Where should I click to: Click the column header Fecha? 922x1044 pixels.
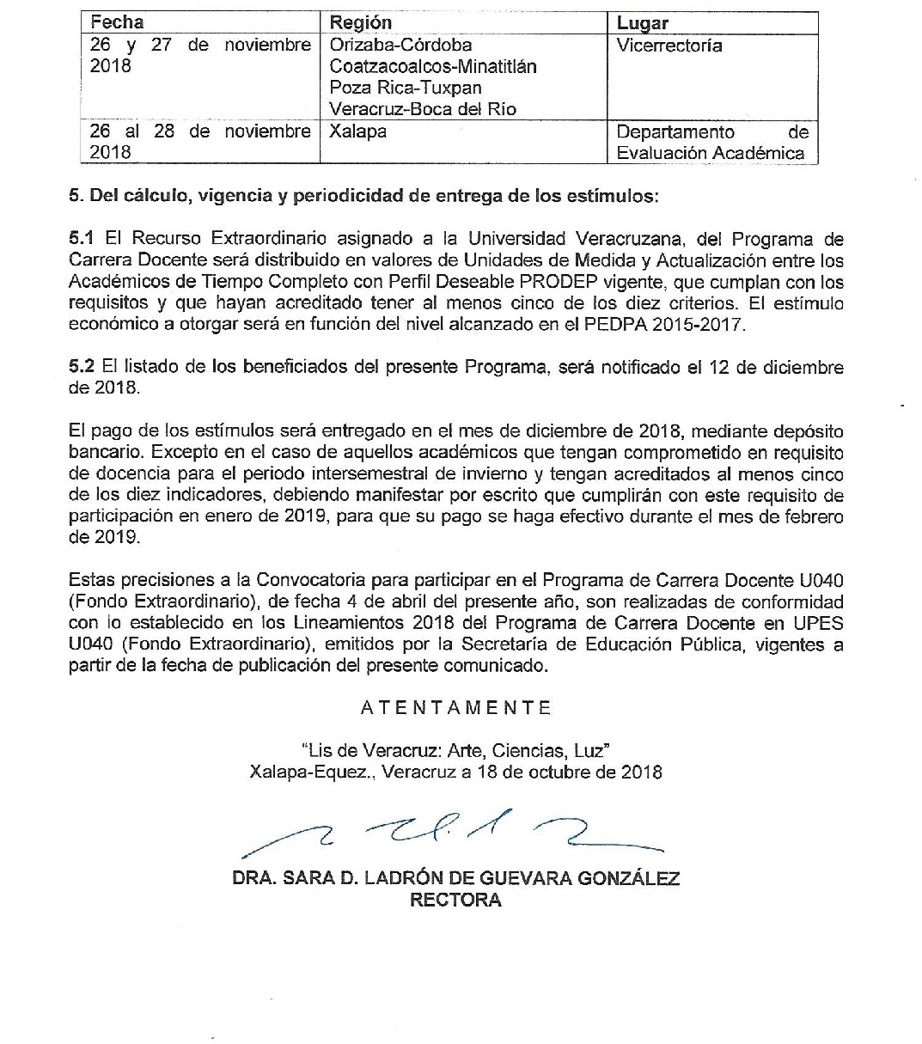tap(117, 22)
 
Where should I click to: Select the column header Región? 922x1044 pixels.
tap(360, 22)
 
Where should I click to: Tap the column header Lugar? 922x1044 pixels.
tap(642, 23)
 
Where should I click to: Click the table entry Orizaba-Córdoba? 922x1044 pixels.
tap(400, 45)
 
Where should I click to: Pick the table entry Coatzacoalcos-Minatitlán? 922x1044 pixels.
tap(433, 66)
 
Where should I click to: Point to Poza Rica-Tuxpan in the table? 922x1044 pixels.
tap(406, 88)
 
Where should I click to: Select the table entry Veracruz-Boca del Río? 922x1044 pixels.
tap(423, 109)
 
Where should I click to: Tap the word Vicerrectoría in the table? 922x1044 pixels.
tap(669, 46)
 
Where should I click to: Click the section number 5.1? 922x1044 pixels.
tap(81, 239)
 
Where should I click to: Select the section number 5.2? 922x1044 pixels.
tap(81, 367)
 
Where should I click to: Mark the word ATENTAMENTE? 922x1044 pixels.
tap(455, 708)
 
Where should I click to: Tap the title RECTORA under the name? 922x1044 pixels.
tap(455, 901)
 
